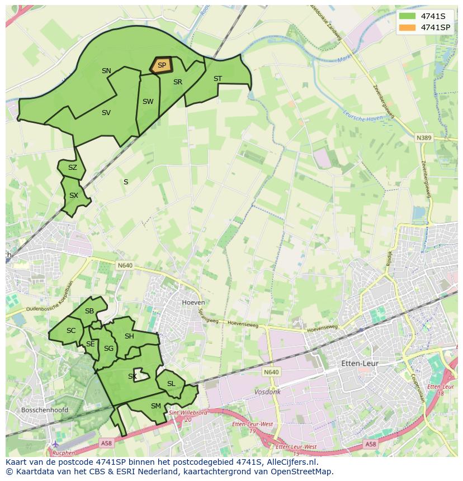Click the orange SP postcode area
(161, 65)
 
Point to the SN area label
(106, 71)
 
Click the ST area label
(218, 79)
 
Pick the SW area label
(148, 102)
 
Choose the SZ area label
(73, 168)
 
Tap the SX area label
(74, 196)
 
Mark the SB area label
(89, 311)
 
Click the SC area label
(71, 331)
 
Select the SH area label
(129, 336)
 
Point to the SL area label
(171, 383)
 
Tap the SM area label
(156, 406)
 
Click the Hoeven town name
(193, 302)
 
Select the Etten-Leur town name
(360, 363)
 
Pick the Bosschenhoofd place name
(44, 410)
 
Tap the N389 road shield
(424, 137)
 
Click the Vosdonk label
(267, 392)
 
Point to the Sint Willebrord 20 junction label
(188, 416)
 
